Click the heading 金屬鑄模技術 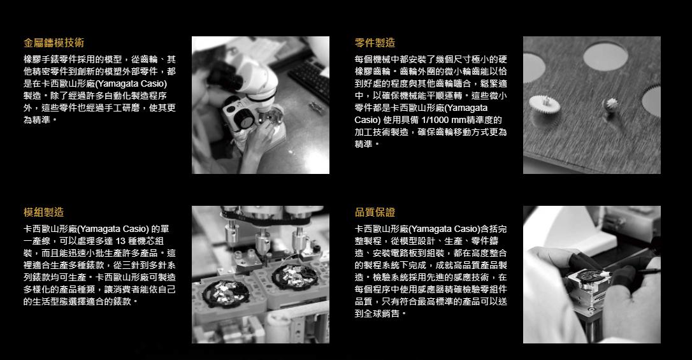[54, 43]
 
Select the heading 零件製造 [375, 43]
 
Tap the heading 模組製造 [43, 212]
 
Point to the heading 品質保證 [375, 212]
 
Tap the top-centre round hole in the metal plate [604, 56]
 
